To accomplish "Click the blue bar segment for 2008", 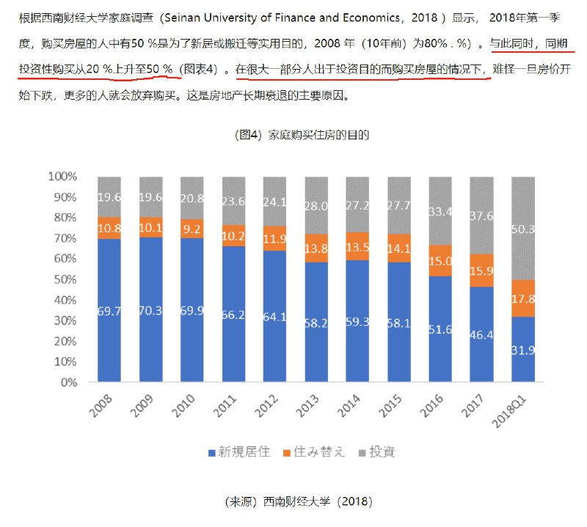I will [109, 310].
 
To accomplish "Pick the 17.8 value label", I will [523, 298].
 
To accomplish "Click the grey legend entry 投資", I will [376, 452].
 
